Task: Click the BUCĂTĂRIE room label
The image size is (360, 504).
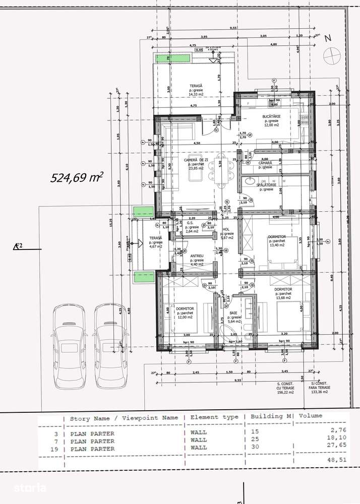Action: tap(271, 116)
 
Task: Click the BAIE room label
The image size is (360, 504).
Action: tap(234, 312)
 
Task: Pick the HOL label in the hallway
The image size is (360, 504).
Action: tap(226, 229)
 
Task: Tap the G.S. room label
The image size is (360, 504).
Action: tap(191, 222)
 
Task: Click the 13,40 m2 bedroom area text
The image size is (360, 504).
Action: tap(277, 245)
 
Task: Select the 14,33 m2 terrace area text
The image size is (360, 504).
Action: tap(195, 94)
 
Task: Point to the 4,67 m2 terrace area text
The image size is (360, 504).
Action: tap(155, 247)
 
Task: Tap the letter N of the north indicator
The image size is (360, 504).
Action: tap(328, 38)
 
